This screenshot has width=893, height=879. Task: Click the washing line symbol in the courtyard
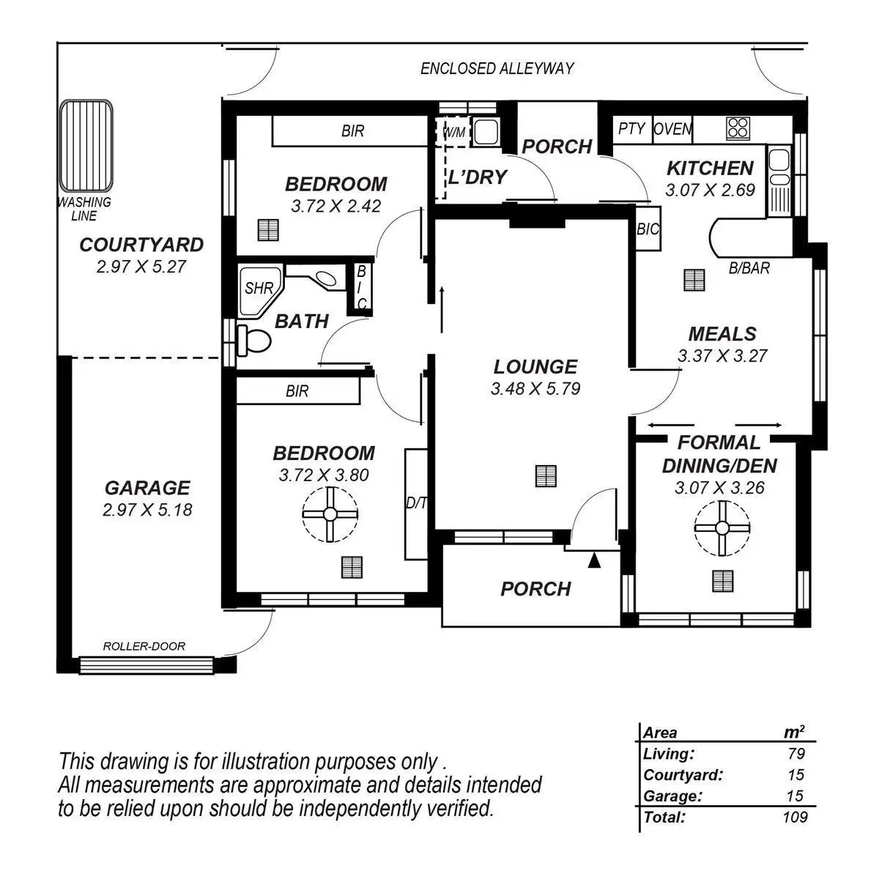[x=86, y=145]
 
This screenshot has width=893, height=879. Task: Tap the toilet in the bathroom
[x=253, y=341]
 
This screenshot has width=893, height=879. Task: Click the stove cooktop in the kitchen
[x=738, y=128]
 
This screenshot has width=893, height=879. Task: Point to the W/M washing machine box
[x=454, y=133]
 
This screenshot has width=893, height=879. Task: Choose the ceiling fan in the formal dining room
[x=722, y=528]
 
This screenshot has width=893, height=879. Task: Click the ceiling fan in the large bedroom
[x=330, y=515]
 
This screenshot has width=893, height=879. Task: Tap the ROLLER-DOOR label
[x=144, y=647]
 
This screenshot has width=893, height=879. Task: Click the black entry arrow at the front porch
[x=595, y=561]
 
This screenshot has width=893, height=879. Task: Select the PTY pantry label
[x=631, y=130]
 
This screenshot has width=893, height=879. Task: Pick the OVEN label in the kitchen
[x=672, y=130]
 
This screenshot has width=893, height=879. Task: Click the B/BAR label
[x=749, y=269]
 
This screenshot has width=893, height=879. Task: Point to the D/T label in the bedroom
[x=416, y=504]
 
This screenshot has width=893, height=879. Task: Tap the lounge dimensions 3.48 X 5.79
[x=535, y=389]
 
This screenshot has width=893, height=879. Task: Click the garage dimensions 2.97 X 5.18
[x=147, y=510]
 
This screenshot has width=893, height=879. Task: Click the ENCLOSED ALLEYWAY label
[x=497, y=69]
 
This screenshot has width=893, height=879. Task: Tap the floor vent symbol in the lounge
[x=546, y=476]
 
